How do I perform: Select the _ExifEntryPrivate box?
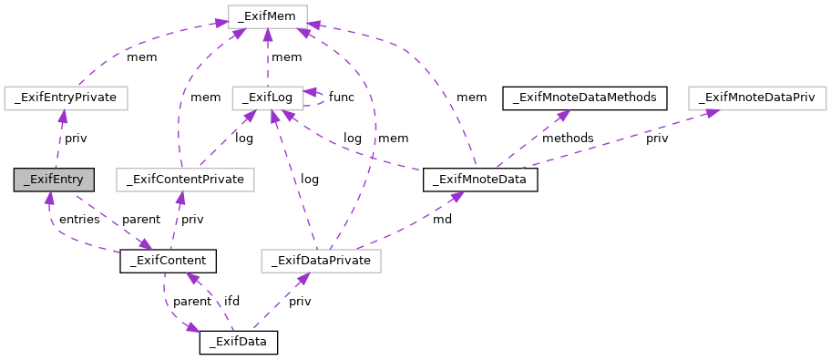click(x=66, y=97)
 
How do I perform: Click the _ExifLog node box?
click(x=266, y=97)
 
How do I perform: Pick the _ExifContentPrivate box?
click(x=185, y=180)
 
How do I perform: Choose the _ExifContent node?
click(x=168, y=262)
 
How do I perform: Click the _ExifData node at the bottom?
click(x=238, y=343)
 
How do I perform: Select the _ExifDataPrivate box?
click(x=321, y=262)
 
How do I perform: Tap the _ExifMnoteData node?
click(x=480, y=180)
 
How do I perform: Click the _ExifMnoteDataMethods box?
click(x=585, y=97)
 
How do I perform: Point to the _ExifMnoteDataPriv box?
click(x=757, y=97)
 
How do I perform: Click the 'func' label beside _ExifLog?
click(x=342, y=97)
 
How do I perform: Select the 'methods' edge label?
click(x=568, y=139)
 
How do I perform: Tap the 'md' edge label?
click(x=441, y=220)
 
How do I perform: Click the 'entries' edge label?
click(x=80, y=220)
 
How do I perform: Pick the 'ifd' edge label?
click(x=232, y=302)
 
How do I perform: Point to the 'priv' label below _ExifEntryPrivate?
click(x=76, y=139)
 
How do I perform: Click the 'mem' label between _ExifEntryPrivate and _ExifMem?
click(x=141, y=57)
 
